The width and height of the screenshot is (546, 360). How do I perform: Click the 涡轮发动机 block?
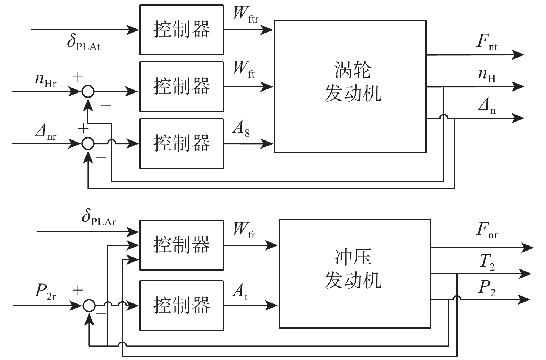click(x=350, y=86)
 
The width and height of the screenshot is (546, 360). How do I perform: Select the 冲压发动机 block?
click(x=354, y=273)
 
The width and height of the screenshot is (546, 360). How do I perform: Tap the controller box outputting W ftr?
click(x=181, y=30)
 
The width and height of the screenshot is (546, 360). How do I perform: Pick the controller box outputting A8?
click(x=181, y=143)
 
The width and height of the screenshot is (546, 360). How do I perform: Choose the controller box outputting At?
click(x=181, y=305)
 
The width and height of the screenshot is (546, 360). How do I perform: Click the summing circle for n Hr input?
click(x=88, y=91)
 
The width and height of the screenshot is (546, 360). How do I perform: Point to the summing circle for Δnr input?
click(x=88, y=143)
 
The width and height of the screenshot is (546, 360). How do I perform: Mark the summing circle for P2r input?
click(x=89, y=305)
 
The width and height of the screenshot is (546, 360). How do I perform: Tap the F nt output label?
click(x=487, y=41)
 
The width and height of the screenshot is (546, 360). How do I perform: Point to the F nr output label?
click(x=487, y=231)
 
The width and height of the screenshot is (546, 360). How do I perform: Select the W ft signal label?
click(x=244, y=69)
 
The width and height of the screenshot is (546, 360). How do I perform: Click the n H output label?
click(x=487, y=75)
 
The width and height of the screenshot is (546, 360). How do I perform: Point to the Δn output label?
click(x=487, y=107)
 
